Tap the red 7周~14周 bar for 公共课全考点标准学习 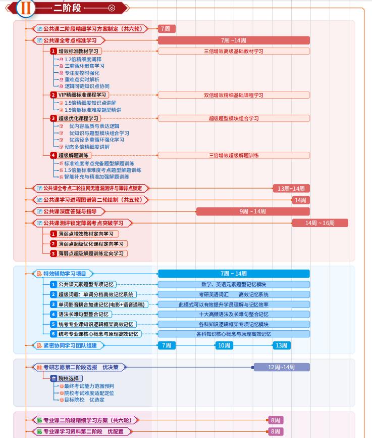[234, 40]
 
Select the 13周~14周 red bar [291, 188]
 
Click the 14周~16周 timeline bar [320, 223]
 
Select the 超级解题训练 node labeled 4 [74, 155]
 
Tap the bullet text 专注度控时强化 [82, 73]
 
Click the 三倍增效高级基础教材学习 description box [234, 51]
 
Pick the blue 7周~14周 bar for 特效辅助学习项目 [234, 274]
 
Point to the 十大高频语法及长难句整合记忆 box [234, 314]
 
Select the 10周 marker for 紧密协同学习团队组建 [224, 345]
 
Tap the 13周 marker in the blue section [281, 345]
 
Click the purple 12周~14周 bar [281, 367]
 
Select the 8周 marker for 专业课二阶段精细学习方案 [276, 420]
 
